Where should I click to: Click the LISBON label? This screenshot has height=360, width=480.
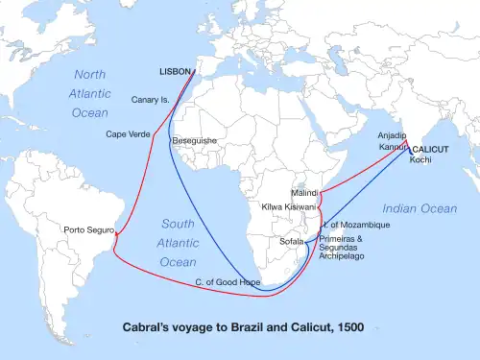(x=175, y=72)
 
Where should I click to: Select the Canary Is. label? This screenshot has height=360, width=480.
(x=152, y=99)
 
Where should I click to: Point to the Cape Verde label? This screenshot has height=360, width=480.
(x=128, y=134)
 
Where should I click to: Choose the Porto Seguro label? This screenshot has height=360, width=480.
(x=87, y=230)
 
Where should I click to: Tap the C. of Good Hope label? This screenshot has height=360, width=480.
(x=228, y=281)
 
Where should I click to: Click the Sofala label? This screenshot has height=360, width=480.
(x=290, y=242)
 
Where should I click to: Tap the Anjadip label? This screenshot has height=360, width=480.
(x=393, y=135)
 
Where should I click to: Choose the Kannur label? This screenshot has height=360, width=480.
(x=392, y=148)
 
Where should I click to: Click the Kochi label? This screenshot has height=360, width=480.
(x=420, y=159)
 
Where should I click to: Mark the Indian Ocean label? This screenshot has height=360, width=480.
(x=419, y=208)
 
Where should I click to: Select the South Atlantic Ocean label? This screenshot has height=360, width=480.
(x=178, y=242)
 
